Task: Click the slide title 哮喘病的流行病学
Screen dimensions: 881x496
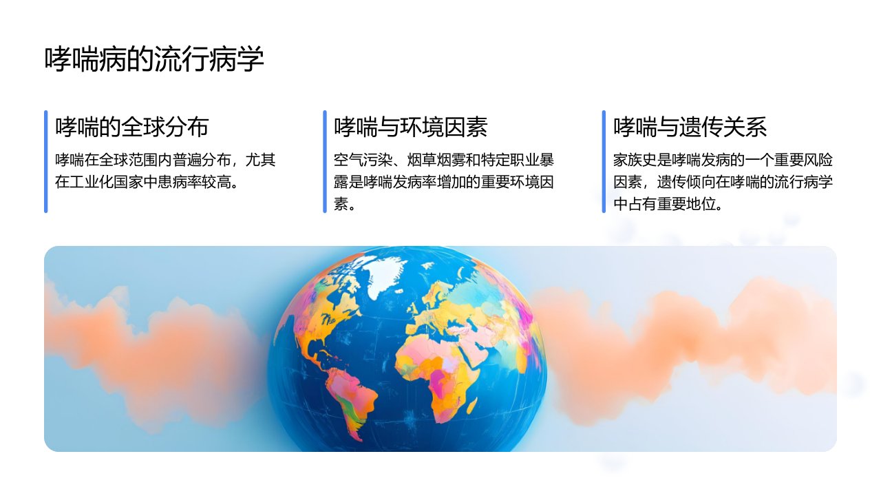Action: (x=153, y=59)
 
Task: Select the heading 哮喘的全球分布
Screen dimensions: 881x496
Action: (x=131, y=127)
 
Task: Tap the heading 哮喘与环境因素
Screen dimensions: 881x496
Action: (x=411, y=127)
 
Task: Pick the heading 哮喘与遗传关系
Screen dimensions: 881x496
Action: (x=690, y=127)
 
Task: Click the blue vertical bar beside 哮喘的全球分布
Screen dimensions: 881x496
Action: (x=46, y=161)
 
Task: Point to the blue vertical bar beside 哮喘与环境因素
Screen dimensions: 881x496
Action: (x=325, y=161)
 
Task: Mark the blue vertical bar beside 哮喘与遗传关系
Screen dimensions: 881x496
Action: (x=604, y=161)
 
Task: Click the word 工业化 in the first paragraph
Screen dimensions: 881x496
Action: (x=92, y=182)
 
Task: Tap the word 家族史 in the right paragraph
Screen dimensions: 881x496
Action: (x=635, y=160)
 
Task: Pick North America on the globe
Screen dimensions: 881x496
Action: (x=330, y=315)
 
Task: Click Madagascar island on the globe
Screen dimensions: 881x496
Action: (x=472, y=406)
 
